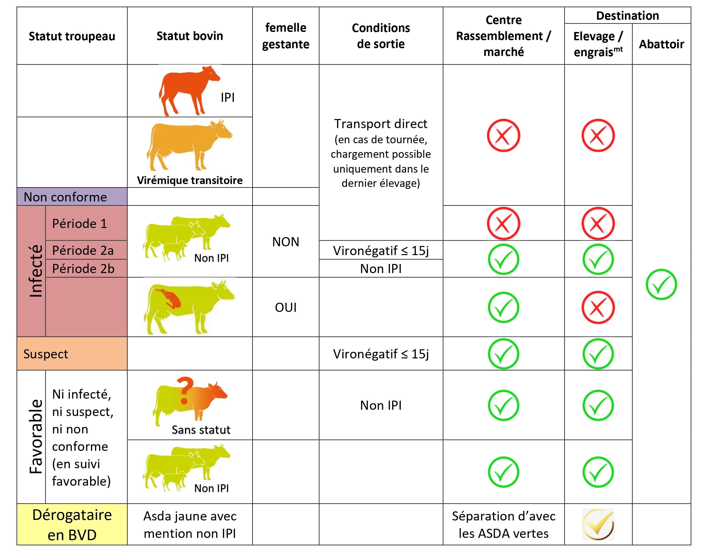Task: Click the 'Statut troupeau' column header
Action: tap(72, 36)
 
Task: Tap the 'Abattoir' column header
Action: tap(661, 44)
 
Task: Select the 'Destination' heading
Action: tap(627, 16)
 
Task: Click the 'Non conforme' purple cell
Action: tap(65, 197)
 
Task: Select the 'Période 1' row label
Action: tap(80, 224)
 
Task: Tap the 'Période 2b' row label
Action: tap(83, 269)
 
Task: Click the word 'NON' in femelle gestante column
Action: tap(286, 242)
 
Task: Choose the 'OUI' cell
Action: tap(286, 307)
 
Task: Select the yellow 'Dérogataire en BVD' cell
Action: tap(72, 524)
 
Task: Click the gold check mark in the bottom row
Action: tap(598, 524)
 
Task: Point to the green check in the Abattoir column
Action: tap(661, 284)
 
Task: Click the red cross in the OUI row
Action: tap(598, 307)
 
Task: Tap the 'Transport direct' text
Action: tap(381, 124)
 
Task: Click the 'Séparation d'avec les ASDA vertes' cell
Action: tap(503, 524)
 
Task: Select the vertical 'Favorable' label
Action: tap(36, 437)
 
